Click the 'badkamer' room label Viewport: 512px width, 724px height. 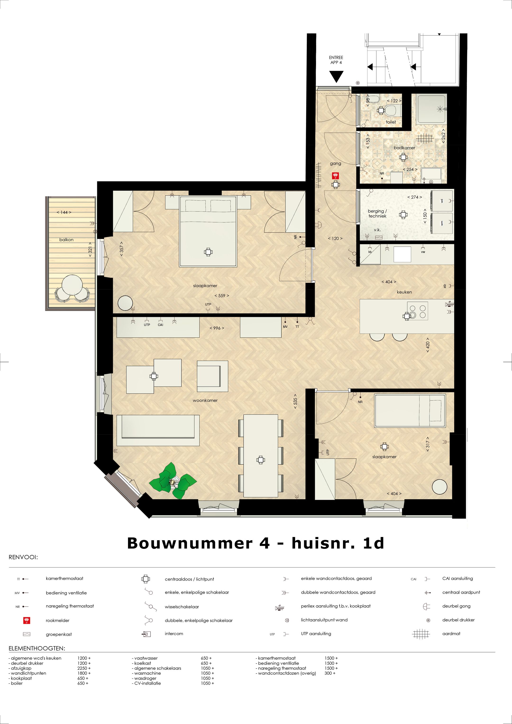tap(404, 148)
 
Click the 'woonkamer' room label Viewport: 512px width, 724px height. tap(205, 400)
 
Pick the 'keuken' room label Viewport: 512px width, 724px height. tap(404, 292)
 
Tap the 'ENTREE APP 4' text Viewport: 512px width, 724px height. tap(336, 60)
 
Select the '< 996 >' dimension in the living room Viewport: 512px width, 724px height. tap(217, 328)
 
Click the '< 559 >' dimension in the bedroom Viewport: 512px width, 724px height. tap(222, 296)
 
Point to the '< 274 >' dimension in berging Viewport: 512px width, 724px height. tap(414, 197)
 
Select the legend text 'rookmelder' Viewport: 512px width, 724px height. tap(57, 621)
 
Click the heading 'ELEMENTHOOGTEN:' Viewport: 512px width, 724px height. tap(37, 649)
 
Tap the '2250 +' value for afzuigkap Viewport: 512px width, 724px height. tap(84, 668)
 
